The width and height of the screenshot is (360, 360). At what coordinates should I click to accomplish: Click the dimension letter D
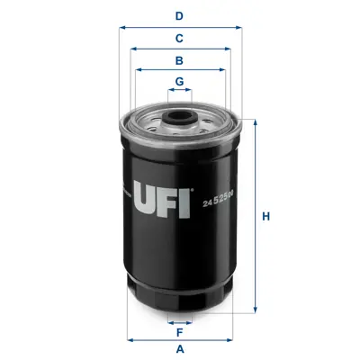(x=179, y=15)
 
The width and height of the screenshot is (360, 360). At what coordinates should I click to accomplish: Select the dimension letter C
(x=179, y=38)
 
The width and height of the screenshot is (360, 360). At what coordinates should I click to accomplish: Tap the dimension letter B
(x=179, y=60)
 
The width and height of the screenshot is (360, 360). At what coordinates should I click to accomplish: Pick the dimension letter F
(x=179, y=330)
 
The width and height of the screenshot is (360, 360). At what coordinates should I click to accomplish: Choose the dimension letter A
(x=179, y=348)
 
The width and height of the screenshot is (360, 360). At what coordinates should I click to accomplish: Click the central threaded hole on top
(x=179, y=115)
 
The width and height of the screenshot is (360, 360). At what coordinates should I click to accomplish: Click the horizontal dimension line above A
(x=179, y=339)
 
